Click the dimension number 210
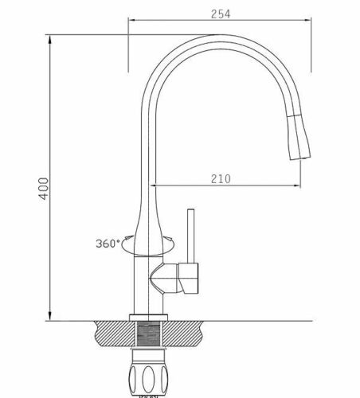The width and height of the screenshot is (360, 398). pyautogui.click(x=221, y=178)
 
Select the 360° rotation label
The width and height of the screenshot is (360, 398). pyautogui.click(x=108, y=243)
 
